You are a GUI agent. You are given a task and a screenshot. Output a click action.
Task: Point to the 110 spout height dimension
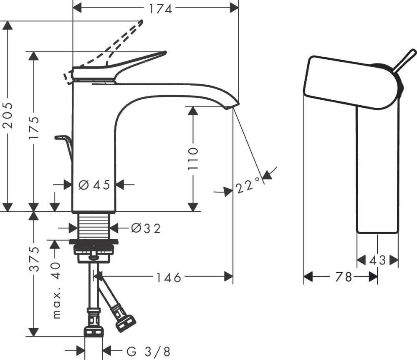tap(193, 157)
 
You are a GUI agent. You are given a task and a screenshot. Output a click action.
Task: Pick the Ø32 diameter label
tap(146, 228)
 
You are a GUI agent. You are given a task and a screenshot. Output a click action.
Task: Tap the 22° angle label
tap(248, 186)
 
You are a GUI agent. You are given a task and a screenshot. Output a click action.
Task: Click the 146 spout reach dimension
tap(169, 277)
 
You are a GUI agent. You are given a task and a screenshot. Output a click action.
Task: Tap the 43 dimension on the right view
tap(377, 260)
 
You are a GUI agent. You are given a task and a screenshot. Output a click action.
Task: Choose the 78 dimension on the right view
tap(344, 277)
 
